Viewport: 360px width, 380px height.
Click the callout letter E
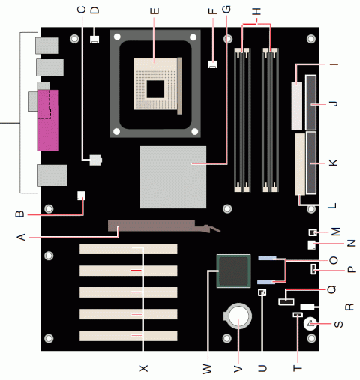click(154, 10)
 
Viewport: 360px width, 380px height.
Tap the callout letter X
click(143, 368)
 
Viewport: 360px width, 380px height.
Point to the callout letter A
click(22, 237)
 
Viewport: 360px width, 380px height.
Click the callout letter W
click(208, 368)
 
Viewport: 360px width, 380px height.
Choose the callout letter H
click(256, 10)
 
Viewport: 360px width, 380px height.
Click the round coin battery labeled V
click(238, 317)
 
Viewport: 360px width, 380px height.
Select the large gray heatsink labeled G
click(172, 176)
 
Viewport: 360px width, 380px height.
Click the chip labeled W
click(232, 271)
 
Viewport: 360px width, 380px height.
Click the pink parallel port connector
click(46, 120)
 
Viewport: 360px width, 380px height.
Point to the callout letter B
click(22, 214)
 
